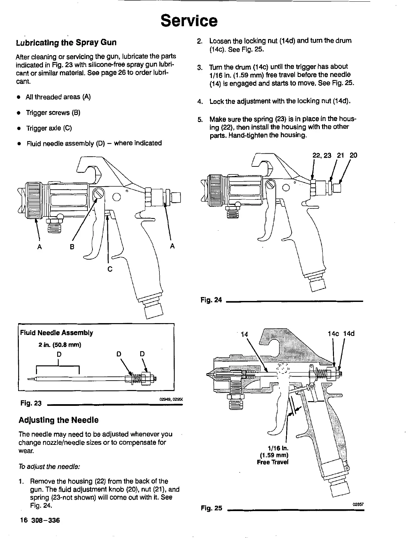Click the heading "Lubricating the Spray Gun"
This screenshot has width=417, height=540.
tap(66, 43)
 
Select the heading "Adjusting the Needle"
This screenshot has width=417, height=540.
tap(59, 420)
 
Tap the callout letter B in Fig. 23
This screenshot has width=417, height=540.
tap(71, 246)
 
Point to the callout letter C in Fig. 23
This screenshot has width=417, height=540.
tap(109, 269)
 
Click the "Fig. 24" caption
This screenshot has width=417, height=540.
tap(211, 300)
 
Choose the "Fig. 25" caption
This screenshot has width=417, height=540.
tap(212, 508)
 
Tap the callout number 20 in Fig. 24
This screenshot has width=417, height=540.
tap(353, 155)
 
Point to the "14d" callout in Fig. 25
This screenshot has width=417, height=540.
tap(349, 334)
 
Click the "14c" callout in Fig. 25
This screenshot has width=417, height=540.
tap(333, 334)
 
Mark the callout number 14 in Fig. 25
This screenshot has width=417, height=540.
tap(244, 334)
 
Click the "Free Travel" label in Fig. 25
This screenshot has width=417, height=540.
tap(272, 462)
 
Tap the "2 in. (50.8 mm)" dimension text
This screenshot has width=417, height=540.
tap(59, 345)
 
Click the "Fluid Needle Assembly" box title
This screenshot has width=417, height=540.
tap(56, 333)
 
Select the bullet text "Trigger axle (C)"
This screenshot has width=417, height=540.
tap(49, 128)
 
